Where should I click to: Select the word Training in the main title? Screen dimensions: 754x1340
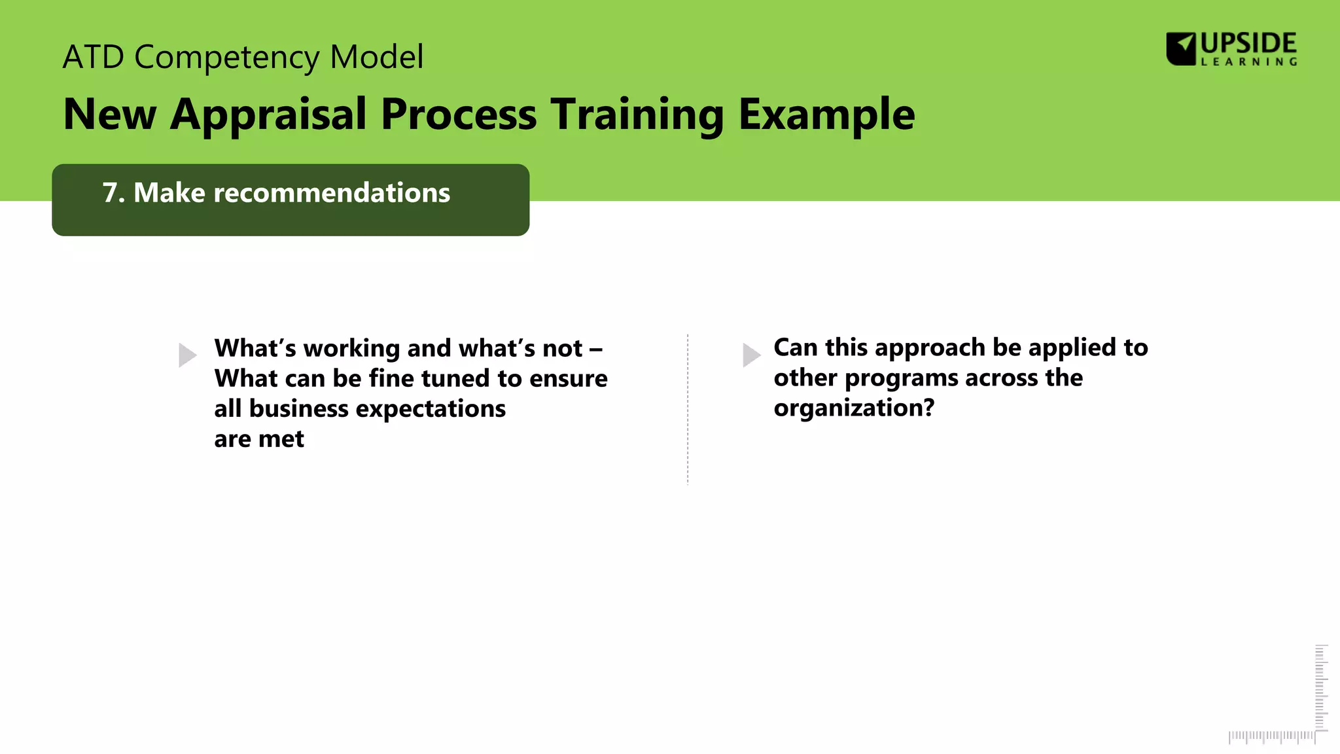[636, 115]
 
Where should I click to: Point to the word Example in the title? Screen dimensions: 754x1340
[826, 115]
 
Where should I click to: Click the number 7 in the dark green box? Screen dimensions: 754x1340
[110, 193]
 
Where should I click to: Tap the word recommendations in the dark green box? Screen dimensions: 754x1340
[332, 193]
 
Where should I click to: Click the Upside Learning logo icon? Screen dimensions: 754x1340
[1181, 49]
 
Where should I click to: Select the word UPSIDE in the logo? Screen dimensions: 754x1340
[1248, 44]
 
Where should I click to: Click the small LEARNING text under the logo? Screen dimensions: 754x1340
[1248, 62]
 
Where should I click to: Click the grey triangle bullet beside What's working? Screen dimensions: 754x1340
[187, 355]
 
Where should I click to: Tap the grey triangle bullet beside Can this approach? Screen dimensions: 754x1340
[751, 355]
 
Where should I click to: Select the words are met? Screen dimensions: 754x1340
[259, 439]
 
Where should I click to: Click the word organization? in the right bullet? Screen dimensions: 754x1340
[854, 408]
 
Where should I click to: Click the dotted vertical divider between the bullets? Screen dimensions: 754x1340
[688, 409]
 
